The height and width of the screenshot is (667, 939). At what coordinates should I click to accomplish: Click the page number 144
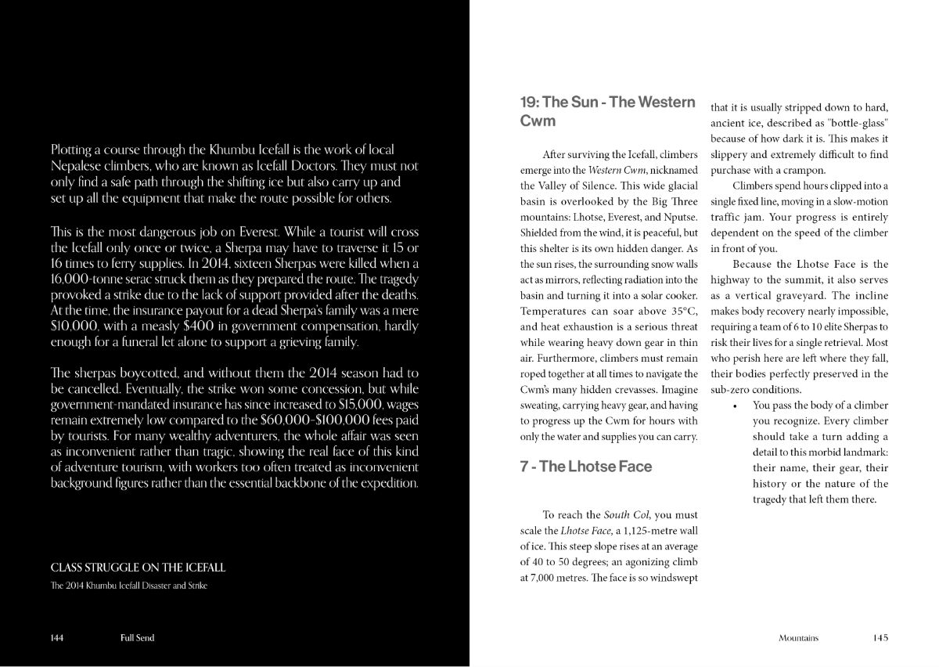(56, 638)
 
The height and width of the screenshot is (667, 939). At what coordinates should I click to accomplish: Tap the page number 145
(880, 638)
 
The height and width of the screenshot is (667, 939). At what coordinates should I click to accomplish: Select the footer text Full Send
(137, 638)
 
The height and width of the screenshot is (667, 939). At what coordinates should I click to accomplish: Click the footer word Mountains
(798, 638)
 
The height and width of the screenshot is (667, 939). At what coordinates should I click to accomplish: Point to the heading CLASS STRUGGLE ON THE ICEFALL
(138, 568)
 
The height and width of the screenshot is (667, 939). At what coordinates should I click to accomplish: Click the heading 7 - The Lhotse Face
(585, 467)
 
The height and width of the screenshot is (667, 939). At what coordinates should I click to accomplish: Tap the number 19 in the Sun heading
(529, 103)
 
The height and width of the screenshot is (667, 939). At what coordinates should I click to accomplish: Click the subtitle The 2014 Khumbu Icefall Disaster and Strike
(128, 586)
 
